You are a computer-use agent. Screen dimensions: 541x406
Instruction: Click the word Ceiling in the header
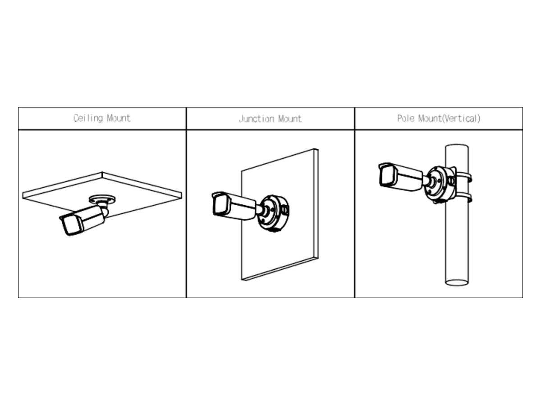88,118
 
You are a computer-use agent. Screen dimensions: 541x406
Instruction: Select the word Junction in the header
257,119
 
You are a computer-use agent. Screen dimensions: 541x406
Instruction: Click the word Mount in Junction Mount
290,119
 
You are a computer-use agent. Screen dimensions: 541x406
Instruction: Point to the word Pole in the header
406,118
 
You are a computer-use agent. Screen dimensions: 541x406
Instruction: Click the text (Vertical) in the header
461,119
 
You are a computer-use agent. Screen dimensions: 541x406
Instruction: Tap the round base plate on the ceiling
102,198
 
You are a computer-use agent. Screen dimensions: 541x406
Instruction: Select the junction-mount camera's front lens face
221,205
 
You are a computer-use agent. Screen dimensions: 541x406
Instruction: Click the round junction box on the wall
274,213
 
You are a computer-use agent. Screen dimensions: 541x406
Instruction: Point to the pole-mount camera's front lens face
388,175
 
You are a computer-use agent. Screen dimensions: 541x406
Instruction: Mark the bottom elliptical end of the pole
457,282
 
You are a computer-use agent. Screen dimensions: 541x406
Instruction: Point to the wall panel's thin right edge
316,203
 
